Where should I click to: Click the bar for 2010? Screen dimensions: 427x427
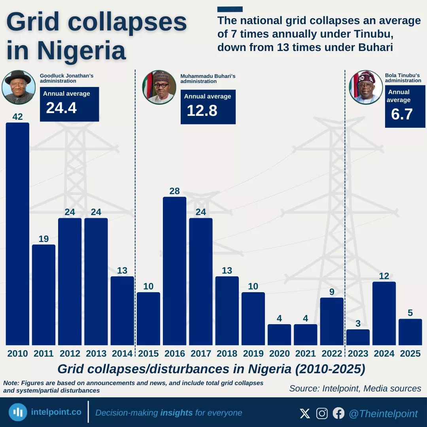coord(17,233)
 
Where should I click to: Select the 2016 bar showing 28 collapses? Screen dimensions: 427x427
coord(174,271)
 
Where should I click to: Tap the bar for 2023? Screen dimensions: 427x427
coord(358,337)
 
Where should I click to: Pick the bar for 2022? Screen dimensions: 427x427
coord(332,321)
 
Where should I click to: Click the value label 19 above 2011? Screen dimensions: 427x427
coord(43,239)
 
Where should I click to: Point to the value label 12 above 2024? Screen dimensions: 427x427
coord(384,276)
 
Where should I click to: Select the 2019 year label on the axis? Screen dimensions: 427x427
coord(253,353)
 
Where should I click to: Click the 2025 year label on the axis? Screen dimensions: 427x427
coord(410,353)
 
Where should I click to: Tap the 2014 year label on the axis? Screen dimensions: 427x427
coord(122,353)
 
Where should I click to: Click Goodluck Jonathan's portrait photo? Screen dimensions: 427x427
coord(19,87)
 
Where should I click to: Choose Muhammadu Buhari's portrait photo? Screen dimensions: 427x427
coord(159,87)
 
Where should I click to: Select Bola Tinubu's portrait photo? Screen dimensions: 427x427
coord(366,87)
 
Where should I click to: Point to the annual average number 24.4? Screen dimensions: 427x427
coord(61,108)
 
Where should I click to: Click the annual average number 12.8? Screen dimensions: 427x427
coord(202,110)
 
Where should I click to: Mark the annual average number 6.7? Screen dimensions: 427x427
coord(402,114)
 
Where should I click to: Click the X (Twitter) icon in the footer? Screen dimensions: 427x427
coord(305,414)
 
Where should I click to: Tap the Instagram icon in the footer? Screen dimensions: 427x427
coord(322,414)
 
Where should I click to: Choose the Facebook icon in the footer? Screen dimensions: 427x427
coord(338,414)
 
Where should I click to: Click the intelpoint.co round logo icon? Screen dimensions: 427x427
coord(18,412)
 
